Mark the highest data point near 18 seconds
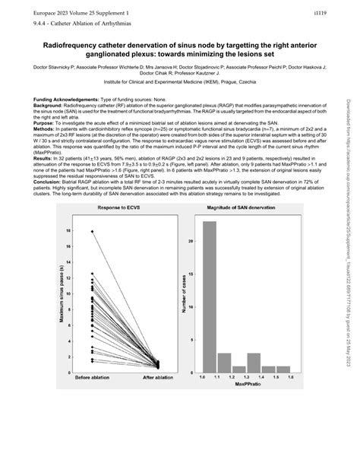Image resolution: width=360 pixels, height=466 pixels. pos(92,231)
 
